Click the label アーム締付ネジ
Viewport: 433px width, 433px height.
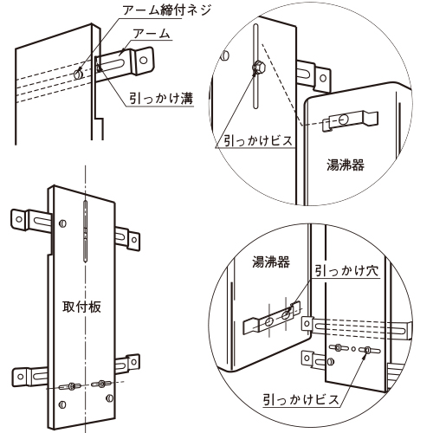pos(166,10)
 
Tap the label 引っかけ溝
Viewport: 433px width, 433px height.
pos(161,98)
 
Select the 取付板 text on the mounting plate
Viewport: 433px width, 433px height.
pos(81,307)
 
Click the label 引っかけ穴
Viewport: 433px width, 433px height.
pos(346,270)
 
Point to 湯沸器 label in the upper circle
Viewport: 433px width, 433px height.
pos(346,165)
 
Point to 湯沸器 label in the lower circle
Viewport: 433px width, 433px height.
pos(271,262)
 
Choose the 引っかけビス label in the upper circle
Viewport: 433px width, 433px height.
pos(258,141)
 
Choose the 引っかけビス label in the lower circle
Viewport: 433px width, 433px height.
pos(301,400)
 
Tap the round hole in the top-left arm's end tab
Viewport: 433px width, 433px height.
pos(144,61)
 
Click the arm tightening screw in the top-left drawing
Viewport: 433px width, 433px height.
pos(78,74)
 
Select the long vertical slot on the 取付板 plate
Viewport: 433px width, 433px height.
pos(85,231)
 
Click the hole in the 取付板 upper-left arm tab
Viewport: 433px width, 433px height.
pos(19,219)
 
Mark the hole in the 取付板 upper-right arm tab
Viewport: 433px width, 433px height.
pos(134,239)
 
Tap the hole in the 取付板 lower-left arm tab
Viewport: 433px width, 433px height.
pos(20,377)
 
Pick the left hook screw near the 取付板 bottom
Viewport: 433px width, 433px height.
pos(71,386)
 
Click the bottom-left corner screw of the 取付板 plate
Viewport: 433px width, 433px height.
pos(62,404)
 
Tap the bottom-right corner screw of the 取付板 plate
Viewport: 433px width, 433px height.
pos(109,398)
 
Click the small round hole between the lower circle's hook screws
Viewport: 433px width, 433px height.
pos(353,349)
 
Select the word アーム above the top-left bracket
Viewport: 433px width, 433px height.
pos(152,34)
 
